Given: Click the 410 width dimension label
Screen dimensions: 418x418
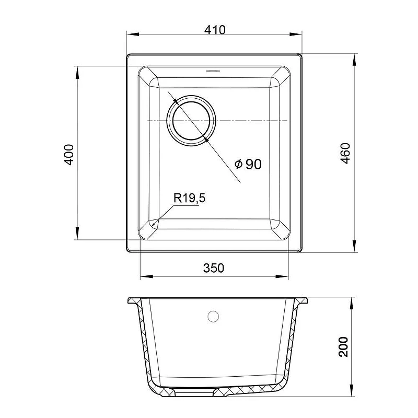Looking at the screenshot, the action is click(215, 30).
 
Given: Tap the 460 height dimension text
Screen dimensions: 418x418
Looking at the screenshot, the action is click(345, 153).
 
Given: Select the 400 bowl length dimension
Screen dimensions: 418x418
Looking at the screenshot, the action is click(69, 155).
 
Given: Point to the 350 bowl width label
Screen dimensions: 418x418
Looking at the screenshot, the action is click(214, 268).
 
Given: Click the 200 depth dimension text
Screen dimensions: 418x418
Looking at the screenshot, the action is click(343, 346).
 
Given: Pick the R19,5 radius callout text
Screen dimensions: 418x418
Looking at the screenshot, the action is click(190, 198).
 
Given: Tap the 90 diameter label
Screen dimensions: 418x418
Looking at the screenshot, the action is click(253, 164).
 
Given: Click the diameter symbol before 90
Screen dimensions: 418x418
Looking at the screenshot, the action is click(239, 164).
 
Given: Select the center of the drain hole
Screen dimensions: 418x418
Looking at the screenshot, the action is click(191, 121).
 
